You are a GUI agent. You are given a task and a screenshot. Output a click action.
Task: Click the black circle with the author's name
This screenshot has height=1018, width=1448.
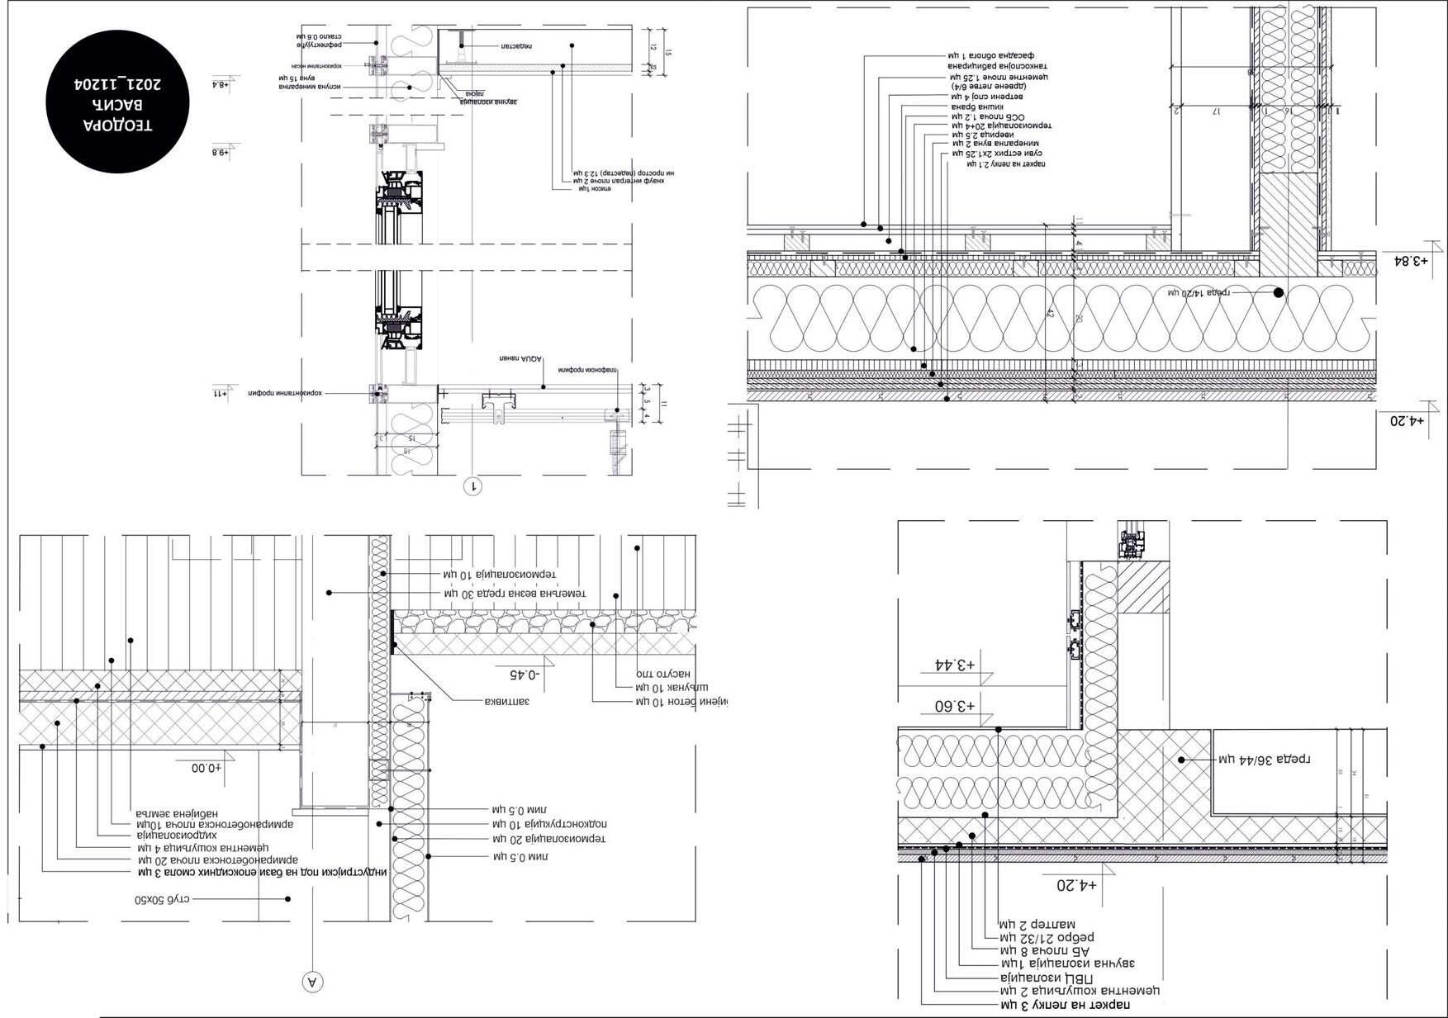[x=117, y=102]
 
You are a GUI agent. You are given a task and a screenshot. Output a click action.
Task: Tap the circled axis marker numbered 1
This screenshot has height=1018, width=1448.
[x=473, y=486]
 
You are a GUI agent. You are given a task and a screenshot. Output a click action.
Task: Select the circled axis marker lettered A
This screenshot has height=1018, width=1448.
[x=312, y=982]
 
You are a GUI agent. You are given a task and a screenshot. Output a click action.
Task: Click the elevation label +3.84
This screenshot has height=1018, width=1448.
[x=1408, y=261]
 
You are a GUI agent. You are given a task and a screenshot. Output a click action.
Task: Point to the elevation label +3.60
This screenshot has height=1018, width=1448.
[x=955, y=707]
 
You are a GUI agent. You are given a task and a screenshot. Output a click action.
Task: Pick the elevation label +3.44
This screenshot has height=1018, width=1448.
[x=955, y=665]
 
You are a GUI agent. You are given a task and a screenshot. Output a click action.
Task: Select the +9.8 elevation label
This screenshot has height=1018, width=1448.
[x=221, y=153]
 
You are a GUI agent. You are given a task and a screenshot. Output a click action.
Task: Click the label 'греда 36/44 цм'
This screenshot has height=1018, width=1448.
[x=1265, y=759]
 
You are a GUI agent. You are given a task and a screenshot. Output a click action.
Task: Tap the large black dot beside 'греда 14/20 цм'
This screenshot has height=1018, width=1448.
[x=1278, y=292]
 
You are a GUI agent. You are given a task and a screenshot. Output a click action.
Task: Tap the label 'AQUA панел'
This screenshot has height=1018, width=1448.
[x=520, y=359]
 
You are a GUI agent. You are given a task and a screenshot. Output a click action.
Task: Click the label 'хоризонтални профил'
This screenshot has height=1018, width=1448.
[x=284, y=394]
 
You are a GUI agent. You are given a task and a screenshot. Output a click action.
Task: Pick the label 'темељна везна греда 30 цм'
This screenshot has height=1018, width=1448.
[x=515, y=594]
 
